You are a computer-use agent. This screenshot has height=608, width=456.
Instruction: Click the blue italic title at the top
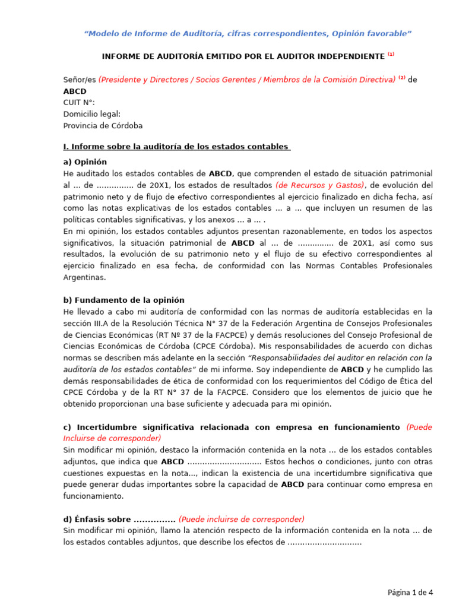248,33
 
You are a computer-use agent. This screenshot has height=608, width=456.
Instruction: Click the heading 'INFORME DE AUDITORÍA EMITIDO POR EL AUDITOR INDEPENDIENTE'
243,56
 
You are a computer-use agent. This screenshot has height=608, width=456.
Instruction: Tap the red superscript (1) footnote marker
391,55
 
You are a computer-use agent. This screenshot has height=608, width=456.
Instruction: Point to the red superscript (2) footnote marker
402,78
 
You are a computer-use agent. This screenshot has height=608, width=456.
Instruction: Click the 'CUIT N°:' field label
79,103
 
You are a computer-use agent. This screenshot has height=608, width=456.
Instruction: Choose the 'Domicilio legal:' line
92,114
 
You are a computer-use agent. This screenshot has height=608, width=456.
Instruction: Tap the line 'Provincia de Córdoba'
103,126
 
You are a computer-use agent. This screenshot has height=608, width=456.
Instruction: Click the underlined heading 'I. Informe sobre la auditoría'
176,147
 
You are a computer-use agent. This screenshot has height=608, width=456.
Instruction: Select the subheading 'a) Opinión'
85,161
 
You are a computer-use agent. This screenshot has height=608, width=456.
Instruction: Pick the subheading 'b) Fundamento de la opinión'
123,300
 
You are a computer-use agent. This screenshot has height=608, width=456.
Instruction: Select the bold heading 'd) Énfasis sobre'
119,519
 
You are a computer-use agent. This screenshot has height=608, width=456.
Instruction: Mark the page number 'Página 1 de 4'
410,592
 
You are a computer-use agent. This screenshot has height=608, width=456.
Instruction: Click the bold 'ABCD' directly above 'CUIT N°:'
75,91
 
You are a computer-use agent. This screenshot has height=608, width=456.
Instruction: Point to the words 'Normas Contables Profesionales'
369,265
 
